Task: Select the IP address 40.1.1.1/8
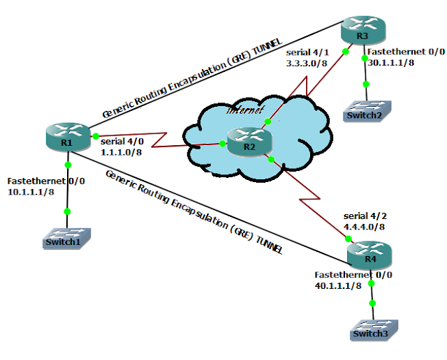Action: pyautogui.click(x=339, y=285)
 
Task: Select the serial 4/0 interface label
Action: pyautogui.click(x=123, y=140)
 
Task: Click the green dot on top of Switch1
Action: pyautogui.click(x=67, y=211)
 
